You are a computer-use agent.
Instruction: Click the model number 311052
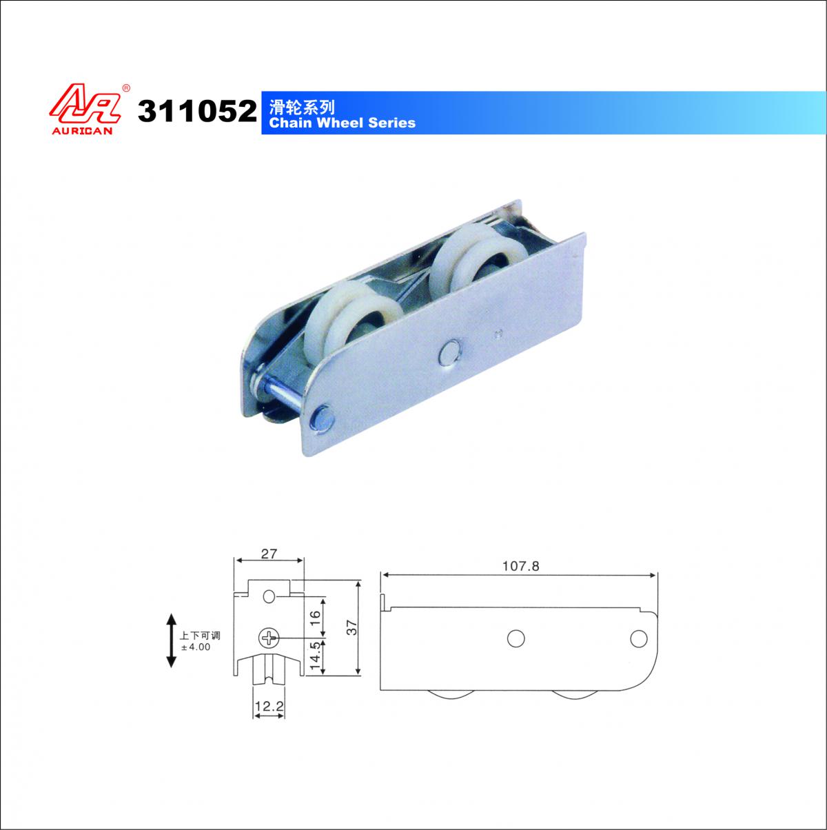pyautogui.click(x=197, y=111)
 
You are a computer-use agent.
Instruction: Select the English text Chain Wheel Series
pyautogui.click(x=343, y=123)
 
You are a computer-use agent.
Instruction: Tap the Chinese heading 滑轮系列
pyautogui.click(x=302, y=107)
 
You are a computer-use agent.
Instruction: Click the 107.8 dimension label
pyautogui.click(x=521, y=566)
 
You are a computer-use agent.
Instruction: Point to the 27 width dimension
pyautogui.click(x=269, y=554)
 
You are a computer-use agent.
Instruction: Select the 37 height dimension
pyautogui.click(x=352, y=627)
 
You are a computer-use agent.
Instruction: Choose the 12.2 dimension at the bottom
pyautogui.click(x=269, y=706)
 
